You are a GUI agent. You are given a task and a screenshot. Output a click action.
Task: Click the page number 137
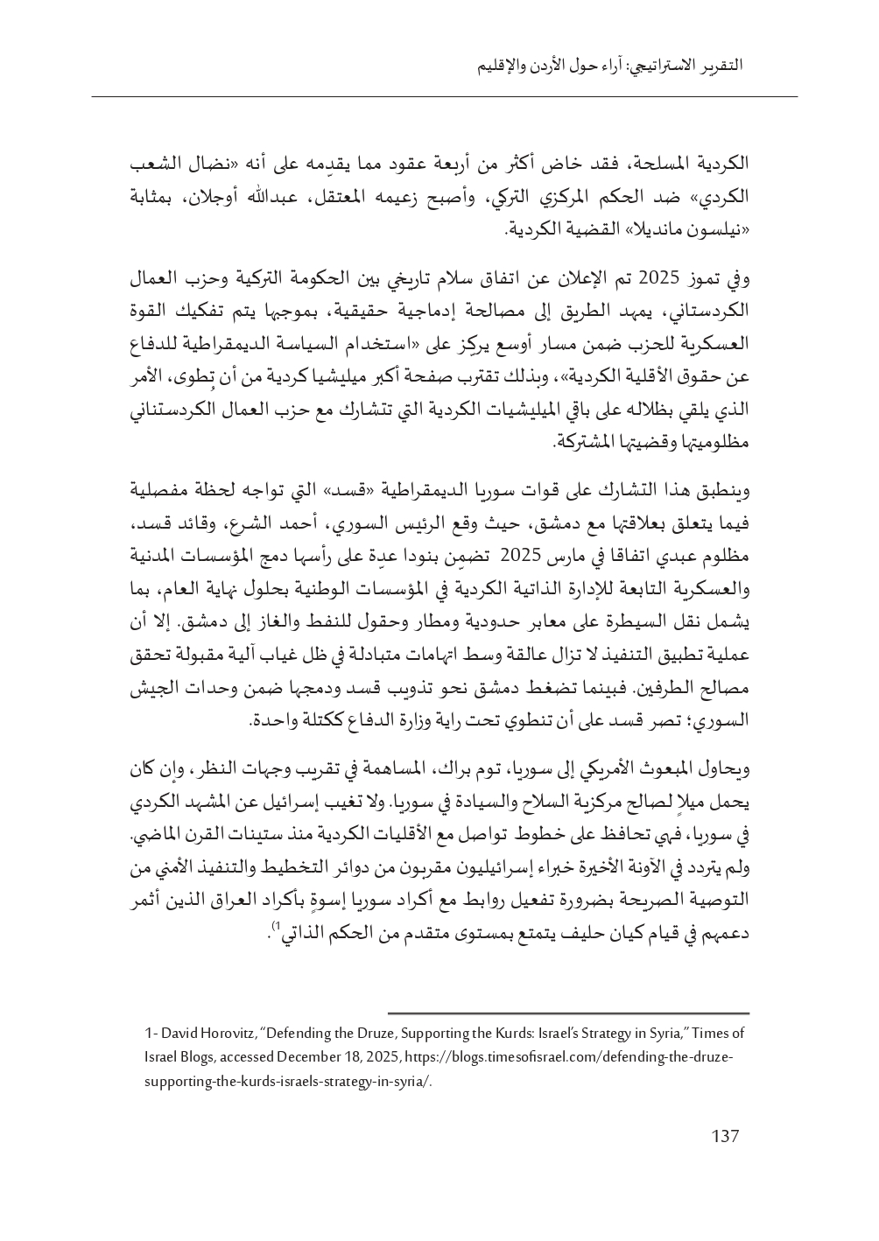725,1136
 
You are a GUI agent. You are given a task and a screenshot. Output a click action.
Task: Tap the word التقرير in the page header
716,66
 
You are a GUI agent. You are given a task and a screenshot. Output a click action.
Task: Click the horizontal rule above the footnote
568,1011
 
